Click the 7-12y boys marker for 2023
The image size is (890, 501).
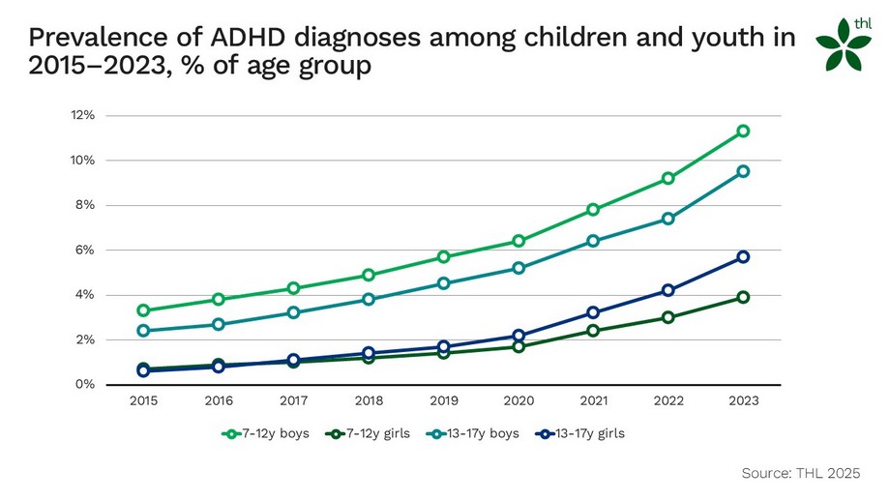[x=743, y=131]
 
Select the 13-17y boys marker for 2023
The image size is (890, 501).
[x=743, y=171]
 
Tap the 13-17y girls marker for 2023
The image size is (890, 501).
[x=743, y=256]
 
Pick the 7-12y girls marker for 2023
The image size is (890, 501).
[x=743, y=297]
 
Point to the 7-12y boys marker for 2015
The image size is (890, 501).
[x=143, y=310]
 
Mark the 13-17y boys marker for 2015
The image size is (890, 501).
[x=143, y=331]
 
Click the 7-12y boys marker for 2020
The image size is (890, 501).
[x=519, y=241]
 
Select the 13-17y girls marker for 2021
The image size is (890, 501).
[x=593, y=312]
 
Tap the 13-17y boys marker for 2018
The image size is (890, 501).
[x=369, y=299]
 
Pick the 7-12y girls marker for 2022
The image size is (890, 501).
[x=668, y=317]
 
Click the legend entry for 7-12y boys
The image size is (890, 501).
[x=265, y=433]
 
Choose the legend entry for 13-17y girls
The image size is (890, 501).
[x=579, y=433]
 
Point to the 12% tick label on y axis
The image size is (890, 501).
[x=81, y=115]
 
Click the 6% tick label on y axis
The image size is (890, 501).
[x=84, y=250]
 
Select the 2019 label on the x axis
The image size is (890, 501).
[x=443, y=399]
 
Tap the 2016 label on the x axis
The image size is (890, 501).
[x=219, y=399]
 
